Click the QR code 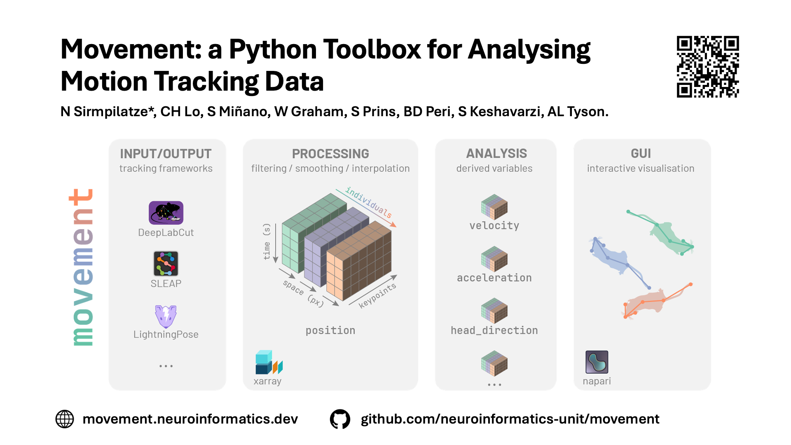coord(708,67)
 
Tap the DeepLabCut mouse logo coord(166,213)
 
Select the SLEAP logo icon coord(166,264)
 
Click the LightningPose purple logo coord(166,316)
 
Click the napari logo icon coord(597,362)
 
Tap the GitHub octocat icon coord(340,419)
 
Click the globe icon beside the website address coord(65,419)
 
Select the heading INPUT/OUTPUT coord(166,154)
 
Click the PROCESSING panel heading coord(330,154)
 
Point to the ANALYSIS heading coord(496,154)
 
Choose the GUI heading coord(641,154)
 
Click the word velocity coord(494,225)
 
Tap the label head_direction coord(494,330)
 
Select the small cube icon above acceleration coord(494,259)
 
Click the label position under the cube coord(330,330)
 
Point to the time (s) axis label coord(267,241)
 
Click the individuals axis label coord(368,202)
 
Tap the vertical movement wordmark coord(82,267)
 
